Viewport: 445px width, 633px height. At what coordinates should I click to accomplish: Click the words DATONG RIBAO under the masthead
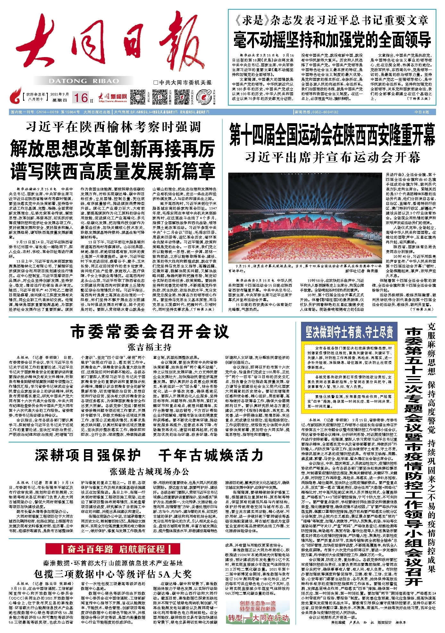pos(84,81)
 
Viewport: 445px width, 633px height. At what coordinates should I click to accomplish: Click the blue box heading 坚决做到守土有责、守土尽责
pos(349,332)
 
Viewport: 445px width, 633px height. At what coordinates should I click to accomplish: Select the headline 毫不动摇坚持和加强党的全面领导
pos(332,39)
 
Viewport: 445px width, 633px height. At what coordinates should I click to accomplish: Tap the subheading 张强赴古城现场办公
pos(149,472)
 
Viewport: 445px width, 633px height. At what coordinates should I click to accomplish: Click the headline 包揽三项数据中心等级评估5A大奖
pos(113,574)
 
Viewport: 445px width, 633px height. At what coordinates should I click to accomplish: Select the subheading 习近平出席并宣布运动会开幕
pos(332,158)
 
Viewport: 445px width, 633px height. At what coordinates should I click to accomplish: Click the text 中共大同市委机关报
pos(183,82)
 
